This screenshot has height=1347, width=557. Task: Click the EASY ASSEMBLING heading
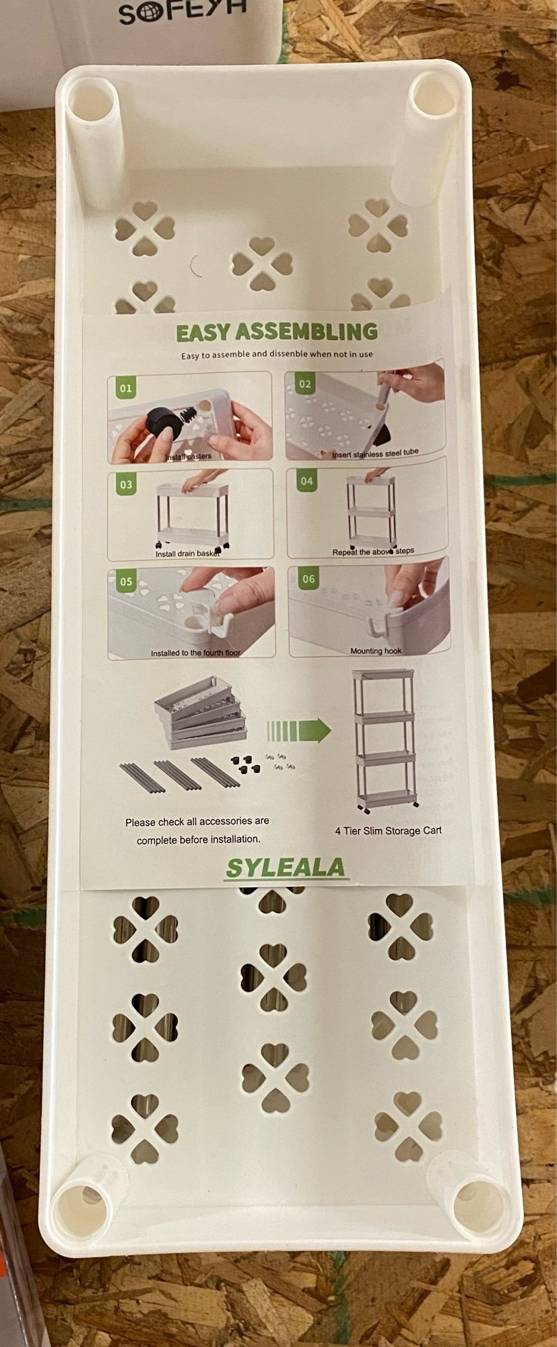coord(277,331)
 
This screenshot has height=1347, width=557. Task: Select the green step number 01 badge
coord(126,389)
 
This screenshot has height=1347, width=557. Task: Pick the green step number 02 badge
coord(305,385)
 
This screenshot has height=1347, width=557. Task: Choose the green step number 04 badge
coord(306,481)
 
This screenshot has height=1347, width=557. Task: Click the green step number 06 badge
coord(308,579)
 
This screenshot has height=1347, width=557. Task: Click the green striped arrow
coord(298,729)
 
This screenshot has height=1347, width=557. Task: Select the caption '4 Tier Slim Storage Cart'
coord(389,830)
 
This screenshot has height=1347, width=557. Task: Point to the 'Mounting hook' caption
coord(376,651)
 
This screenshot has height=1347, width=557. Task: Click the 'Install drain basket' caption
coord(188,554)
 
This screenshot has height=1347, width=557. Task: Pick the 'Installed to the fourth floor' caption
coord(195,653)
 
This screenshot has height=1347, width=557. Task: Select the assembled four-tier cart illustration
coord(386,741)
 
